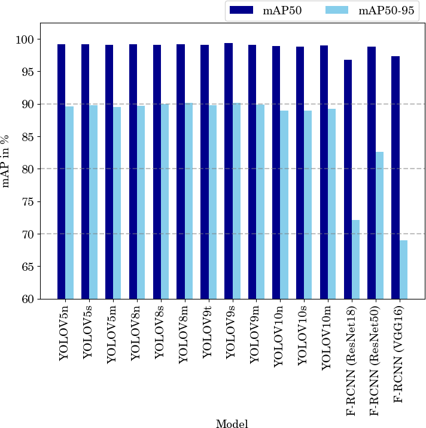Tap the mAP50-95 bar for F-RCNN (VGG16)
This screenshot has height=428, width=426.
point(404,270)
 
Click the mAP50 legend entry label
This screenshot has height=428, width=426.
point(282,11)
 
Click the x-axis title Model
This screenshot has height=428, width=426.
point(232,424)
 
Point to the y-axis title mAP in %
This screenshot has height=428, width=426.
point(7,161)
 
